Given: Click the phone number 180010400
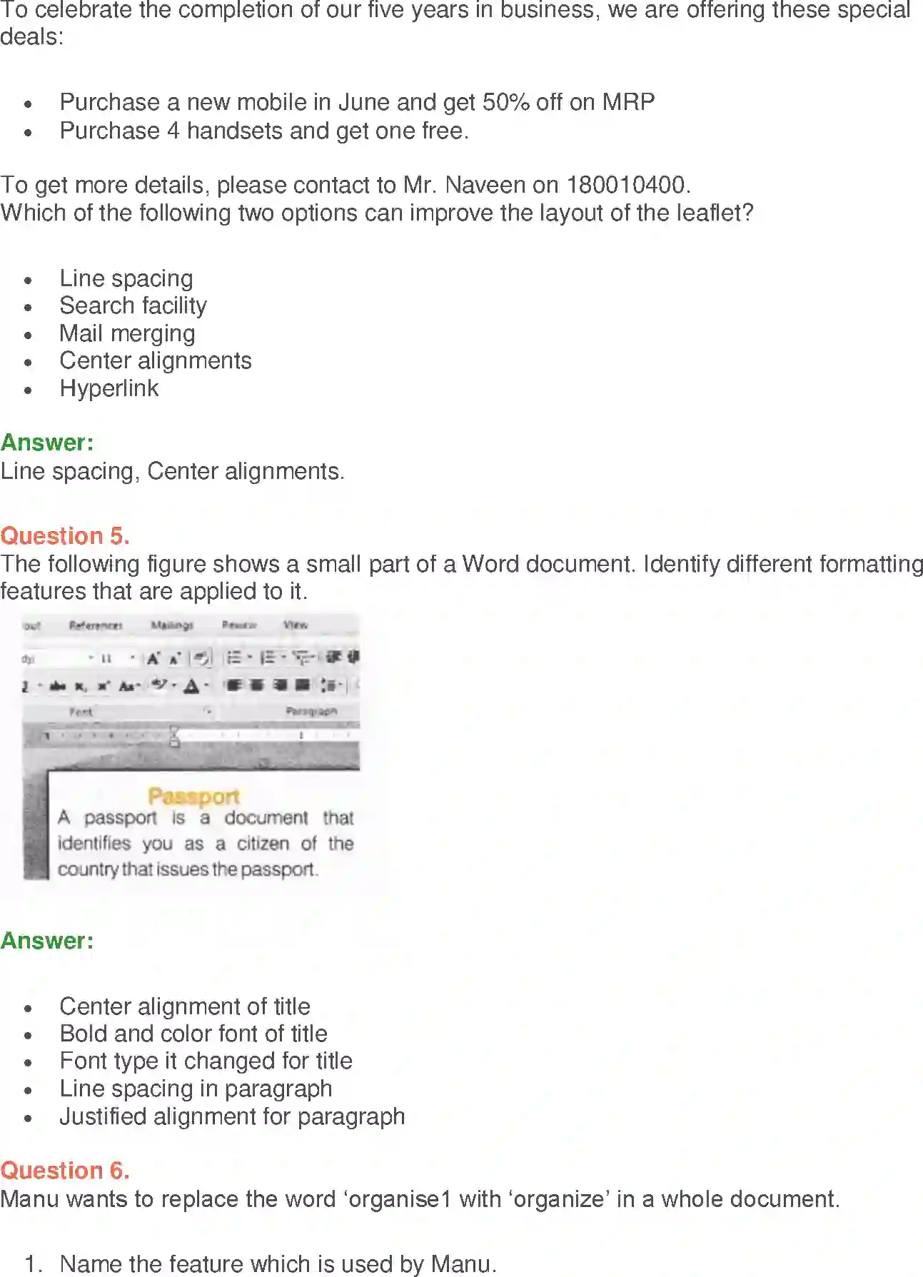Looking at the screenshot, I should click(626, 185).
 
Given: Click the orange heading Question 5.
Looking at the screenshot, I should click(65, 536).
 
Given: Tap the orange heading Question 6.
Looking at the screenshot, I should click(65, 1171).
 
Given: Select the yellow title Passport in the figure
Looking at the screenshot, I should click(193, 796).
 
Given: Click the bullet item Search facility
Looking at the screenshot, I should click(133, 306).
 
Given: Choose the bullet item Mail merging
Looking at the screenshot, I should click(127, 333).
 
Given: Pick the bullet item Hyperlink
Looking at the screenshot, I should click(109, 388).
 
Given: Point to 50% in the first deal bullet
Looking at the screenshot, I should click(505, 102).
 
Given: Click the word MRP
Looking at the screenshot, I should click(628, 102).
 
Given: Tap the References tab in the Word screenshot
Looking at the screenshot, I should click(96, 625).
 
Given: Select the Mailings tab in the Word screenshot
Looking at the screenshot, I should click(172, 625).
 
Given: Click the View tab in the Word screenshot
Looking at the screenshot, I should click(296, 625).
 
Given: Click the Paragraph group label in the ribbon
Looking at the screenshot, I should click(311, 711).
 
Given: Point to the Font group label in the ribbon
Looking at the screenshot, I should click(81, 712).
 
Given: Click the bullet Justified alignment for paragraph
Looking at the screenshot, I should click(232, 1116).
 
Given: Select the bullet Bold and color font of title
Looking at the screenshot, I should click(193, 1034).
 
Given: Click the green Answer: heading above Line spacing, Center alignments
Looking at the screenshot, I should click(47, 443).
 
